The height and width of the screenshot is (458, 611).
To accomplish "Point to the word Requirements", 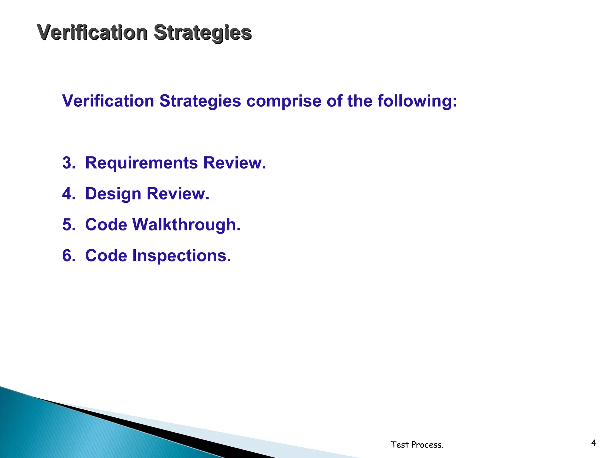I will pyautogui.click(x=141, y=163).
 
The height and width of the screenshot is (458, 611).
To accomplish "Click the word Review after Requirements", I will pyautogui.click(x=234, y=163).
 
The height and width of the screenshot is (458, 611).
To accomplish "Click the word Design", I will pyautogui.click(x=113, y=194).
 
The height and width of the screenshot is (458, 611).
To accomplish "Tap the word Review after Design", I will pyautogui.click(x=178, y=194).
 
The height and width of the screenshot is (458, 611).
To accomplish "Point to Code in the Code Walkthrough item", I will pyautogui.click(x=106, y=225).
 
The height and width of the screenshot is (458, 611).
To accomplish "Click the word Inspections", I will pyautogui.click(x=181, y=256).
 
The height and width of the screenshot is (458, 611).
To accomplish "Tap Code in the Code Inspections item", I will pyautogui.click(x=106, y=256).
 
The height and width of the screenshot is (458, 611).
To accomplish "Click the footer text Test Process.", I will pyautogui.click(x=417, y=445).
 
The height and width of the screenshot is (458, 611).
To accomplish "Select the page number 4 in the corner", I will pyautogui.click(x=593, y=443).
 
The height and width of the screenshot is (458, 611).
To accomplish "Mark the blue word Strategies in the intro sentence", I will pyautogui.click(x=200, y=101).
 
